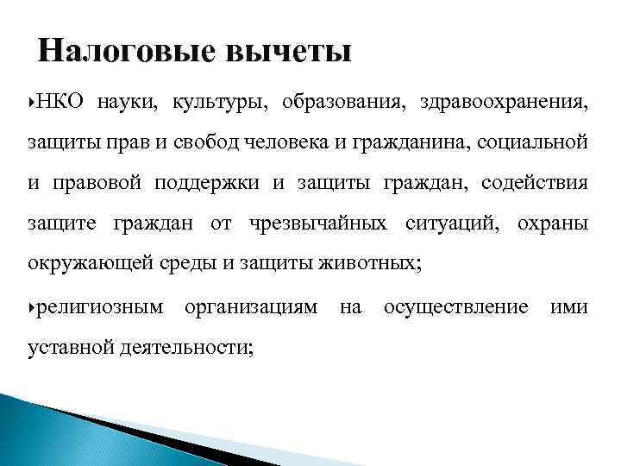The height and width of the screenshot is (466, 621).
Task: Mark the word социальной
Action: coord(535,143)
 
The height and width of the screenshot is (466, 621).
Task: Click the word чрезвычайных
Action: coord(318,224)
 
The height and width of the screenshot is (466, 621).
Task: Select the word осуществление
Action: coord(456,307)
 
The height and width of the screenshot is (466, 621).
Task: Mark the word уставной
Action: coord(64,348)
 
